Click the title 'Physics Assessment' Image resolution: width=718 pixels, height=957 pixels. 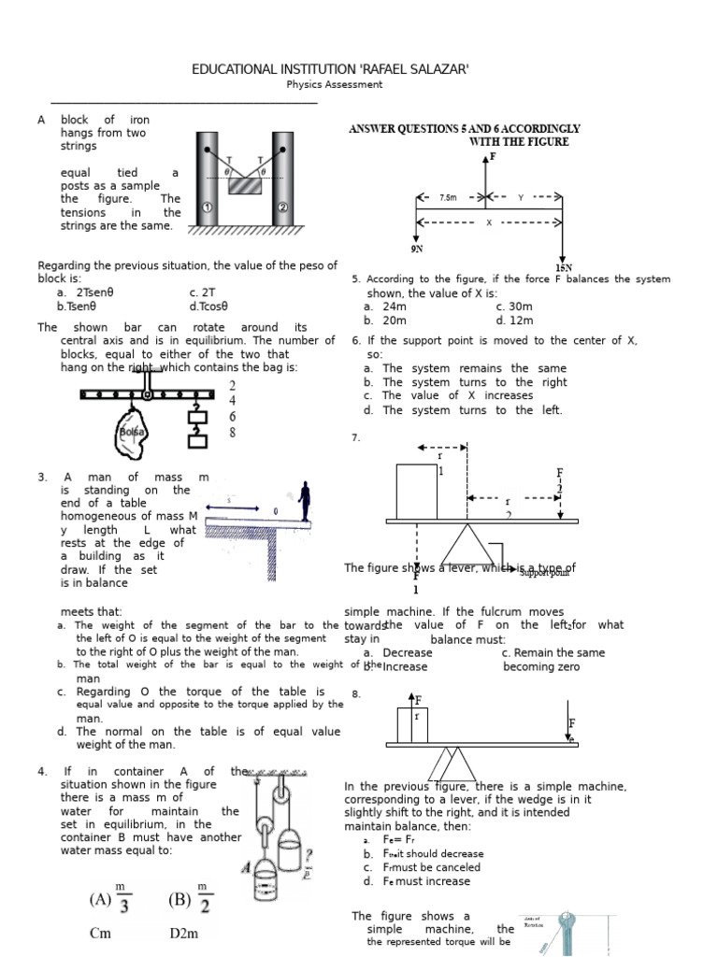coord(334,84)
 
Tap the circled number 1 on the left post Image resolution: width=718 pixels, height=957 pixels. coord(207,207)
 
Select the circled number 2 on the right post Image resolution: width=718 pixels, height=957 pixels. coord(283,207)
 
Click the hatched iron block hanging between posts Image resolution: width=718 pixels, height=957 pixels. coord(245,185)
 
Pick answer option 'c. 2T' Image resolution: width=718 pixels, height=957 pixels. coord(203,292)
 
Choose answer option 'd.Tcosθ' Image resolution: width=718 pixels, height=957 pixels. coord(208,306)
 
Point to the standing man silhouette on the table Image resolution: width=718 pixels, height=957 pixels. coord(304,500)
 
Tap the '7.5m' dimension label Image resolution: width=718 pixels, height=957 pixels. coord(448,198)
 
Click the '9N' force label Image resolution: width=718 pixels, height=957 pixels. coord(417,250)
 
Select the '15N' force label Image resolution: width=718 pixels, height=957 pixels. coord(563,268)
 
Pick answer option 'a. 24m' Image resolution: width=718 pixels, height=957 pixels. coord(385,307)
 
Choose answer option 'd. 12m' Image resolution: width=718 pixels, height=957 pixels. coord(514,321)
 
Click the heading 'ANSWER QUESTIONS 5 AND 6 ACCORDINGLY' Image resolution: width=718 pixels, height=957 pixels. coord(465,129)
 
